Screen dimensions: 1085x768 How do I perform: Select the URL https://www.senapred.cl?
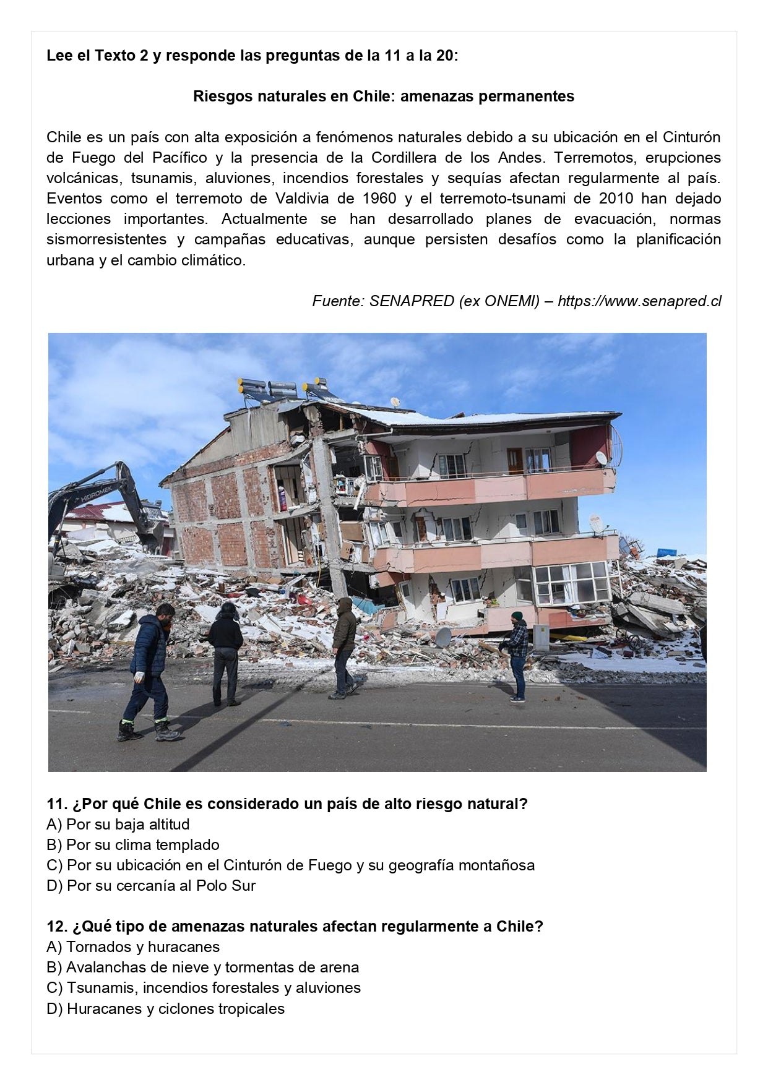pos(639,301)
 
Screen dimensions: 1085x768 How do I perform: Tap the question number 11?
pos(56,804)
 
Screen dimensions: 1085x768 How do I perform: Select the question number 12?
pos(56,927)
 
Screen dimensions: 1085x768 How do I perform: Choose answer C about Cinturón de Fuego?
pos(291,865)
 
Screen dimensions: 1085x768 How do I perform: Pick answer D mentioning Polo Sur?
pos(151,886)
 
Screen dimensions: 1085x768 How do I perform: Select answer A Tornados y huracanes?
pos(133,947)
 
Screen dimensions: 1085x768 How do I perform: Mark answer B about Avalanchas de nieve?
pos(202,967)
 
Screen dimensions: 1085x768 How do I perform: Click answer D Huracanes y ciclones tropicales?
pos(165,1009)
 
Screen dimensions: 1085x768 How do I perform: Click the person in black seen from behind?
pos(225,653)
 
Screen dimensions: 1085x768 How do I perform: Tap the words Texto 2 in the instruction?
pos(121,56)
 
